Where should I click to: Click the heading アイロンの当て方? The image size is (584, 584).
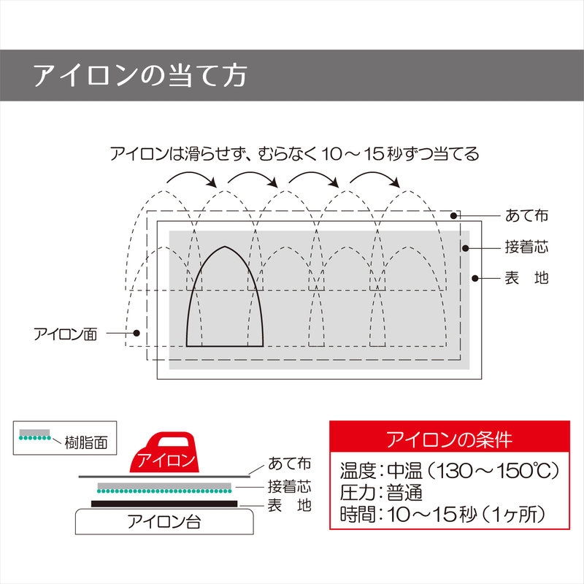pos(140,76)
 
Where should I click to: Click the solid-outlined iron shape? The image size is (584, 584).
pos(225,296)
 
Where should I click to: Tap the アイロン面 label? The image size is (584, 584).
pos(66,334)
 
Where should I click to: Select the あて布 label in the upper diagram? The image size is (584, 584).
pos(526,215)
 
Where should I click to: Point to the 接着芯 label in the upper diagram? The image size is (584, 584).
pos(526,247)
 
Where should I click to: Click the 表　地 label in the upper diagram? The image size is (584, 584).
pos(526,278)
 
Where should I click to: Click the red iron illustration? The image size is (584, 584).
pos(164,452)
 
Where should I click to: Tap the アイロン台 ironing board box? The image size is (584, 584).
pos(164,521)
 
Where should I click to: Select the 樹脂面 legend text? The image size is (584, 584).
pos(86,442)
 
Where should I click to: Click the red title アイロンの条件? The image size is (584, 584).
pos(449,439)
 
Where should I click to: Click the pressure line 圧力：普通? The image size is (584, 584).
pos(381,492)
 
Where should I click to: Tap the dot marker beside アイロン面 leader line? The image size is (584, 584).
pos(137,333)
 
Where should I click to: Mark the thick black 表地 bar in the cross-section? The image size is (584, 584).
pos(164,504)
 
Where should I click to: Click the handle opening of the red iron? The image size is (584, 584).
pos(173,441)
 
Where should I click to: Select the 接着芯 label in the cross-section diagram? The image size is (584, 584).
pos(289,486)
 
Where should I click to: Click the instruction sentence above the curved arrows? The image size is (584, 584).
pos(294,154)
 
